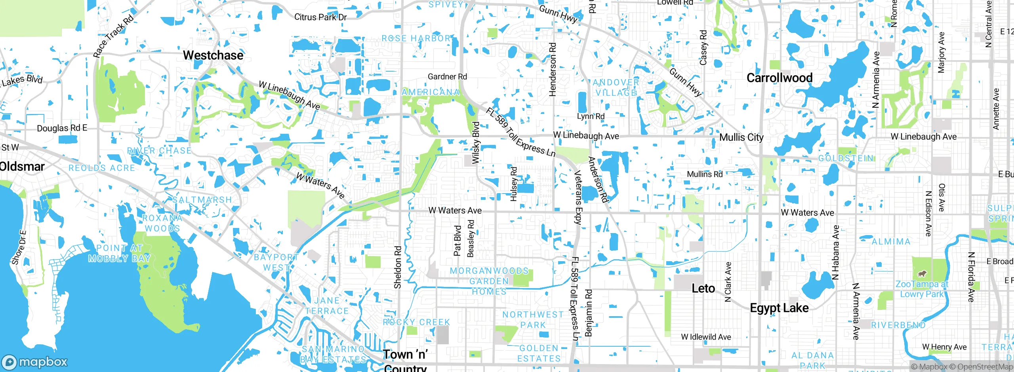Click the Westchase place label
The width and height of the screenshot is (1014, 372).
pos(213,55)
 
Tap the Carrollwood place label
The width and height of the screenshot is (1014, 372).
pos(779,78)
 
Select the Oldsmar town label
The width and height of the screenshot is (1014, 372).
pos(22,167)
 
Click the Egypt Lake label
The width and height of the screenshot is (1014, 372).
pos(779,308)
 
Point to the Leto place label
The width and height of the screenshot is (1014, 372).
pos(703,288)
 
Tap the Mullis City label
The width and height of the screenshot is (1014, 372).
pos(741,137)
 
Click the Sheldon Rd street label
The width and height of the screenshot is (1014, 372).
pos(398,268)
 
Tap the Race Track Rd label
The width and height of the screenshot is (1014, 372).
pos(113,36)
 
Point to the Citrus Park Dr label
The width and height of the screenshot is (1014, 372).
pos(320,17)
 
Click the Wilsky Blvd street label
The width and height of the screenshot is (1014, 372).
pos(476,142)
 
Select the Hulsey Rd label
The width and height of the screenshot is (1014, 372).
pos(514,184)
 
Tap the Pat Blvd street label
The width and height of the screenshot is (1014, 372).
pos(457,241)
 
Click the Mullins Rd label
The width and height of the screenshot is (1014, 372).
pos(705,174)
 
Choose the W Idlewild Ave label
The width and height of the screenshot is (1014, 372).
pos(706,337)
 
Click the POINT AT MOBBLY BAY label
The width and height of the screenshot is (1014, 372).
pos(119,253)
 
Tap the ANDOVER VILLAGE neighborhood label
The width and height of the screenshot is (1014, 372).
pos(616,87)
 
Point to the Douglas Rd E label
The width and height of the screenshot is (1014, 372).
pos(62,128)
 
